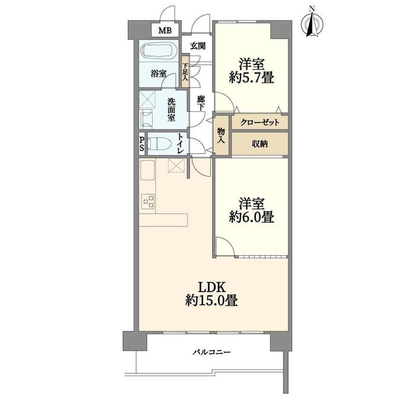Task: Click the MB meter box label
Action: coord(165,31)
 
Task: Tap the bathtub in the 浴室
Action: coord(159,51)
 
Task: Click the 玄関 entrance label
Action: coord(198,46)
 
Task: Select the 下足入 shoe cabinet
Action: coord(185,71)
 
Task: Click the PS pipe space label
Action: coord(141,144)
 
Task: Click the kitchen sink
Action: coord(147,170)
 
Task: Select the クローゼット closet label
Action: coord(260,123)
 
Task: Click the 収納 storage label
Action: coord(260,144)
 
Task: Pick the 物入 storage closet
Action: coord(221,135)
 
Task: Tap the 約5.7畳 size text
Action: coord(251,77)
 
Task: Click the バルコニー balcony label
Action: coord(211,352)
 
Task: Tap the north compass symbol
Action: coord(312,23)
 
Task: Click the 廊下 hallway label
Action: coord(201,103)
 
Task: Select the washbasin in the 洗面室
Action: coord(147,118)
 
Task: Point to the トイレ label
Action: coord(180,144)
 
